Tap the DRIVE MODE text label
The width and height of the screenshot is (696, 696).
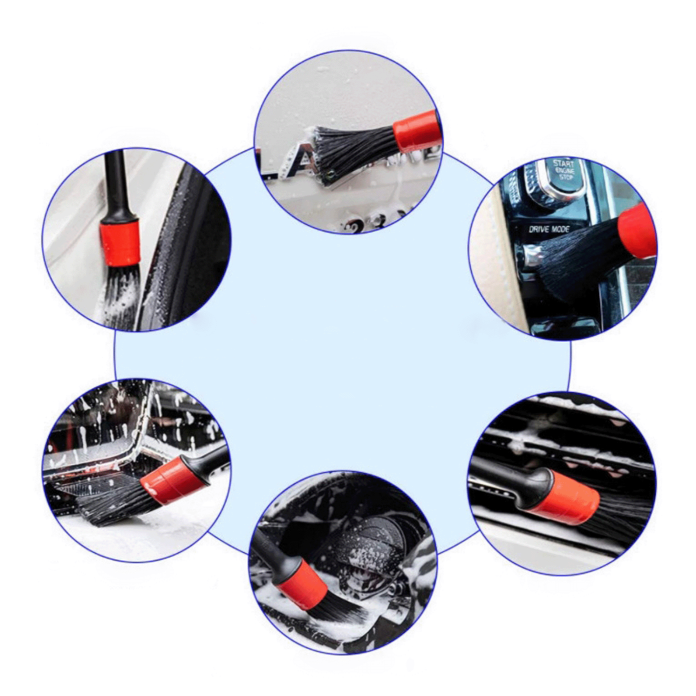click(549, 229)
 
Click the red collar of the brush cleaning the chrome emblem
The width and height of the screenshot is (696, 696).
click(416, 131)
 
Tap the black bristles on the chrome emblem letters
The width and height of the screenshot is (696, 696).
click(348, 147)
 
